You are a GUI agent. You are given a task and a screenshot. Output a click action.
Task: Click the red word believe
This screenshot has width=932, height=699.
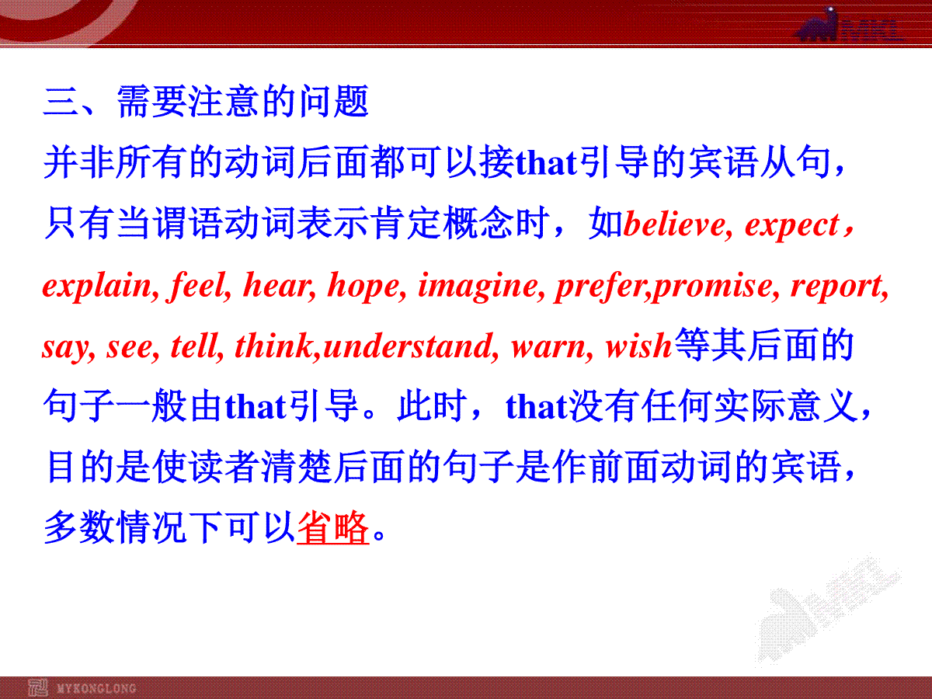pyautogui.click(x=675, y=224)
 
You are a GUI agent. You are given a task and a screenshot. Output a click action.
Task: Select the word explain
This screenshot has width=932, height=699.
pyautogui.click(x=97, y=286)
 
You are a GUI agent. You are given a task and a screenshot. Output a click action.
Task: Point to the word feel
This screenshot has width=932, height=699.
pyautogui.click(x=197, y=286)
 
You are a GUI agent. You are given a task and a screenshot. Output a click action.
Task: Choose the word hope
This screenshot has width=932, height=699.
pyautogui.click(x=363, y=287)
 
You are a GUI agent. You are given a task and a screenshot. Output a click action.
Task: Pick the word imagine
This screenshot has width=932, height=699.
pyautogui.click(x=478, y=286)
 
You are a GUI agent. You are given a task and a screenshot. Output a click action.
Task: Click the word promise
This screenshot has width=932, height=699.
pyautogui.click(x=712, y=287)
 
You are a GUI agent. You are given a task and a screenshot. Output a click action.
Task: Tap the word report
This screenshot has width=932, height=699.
pyautogui.click(x=836, y=287)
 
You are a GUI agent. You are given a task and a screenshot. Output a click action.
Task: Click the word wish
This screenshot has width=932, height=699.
pyautogui.click(x=638, y=346)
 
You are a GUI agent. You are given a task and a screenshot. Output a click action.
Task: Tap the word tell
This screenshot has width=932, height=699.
pyautogui.click(x=194, y=346)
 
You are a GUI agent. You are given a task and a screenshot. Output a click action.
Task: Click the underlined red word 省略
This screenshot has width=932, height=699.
pyautogui.click(x=332, y=527)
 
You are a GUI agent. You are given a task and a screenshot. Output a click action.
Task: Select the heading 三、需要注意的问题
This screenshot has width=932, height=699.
pyautogui.click(x=206, y=102)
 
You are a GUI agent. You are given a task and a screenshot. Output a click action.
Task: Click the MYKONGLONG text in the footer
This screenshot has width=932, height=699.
pyautogui.click(x=96, y=688)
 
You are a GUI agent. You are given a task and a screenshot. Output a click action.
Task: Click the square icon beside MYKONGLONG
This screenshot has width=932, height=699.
pyautogui.click(x=38, y=687)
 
